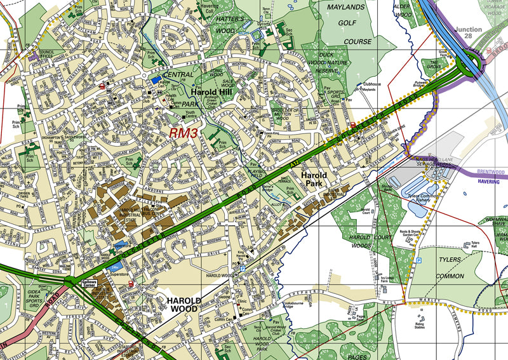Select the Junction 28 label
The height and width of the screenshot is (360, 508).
pyautogui.click(x=476, y=34)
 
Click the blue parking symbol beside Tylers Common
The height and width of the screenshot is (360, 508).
pyautogui.click(x=418, y=260)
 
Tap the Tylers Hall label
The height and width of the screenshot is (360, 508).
pyautogui.click(x=475, y=245)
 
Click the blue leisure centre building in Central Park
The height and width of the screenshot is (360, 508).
pyautogui.click(x=156, y=80)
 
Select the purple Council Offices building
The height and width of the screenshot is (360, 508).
pyautogui.click(x=32, y=57)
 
